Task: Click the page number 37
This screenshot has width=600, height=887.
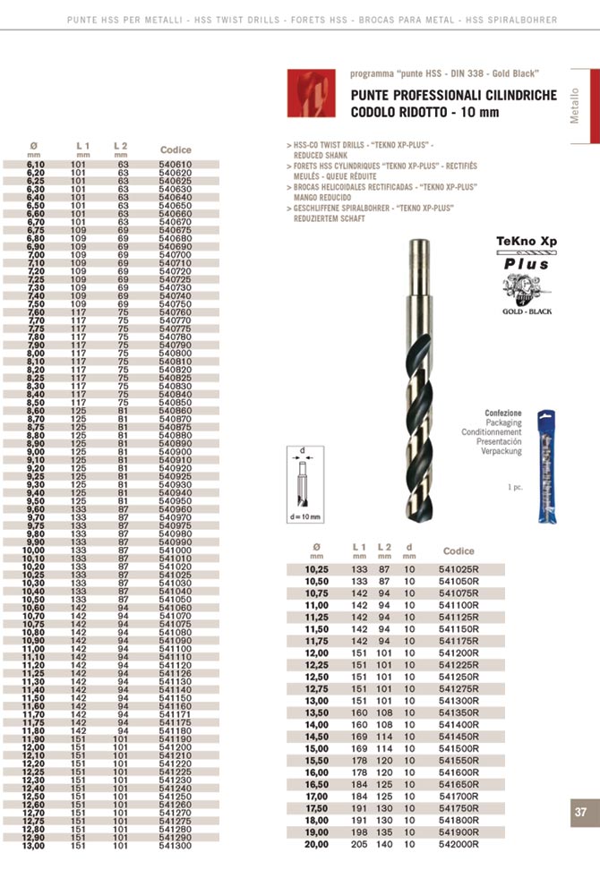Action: pos(580,813)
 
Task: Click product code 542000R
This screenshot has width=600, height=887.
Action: pos(459,844)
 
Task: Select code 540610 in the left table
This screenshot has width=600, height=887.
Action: pos(175,165)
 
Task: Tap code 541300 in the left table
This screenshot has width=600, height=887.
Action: pos(175,845)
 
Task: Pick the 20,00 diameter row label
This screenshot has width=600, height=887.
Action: pos(317,844)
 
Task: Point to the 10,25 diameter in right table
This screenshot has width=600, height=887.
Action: pos(317,568)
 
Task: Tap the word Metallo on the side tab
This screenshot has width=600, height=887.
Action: pos(575,107)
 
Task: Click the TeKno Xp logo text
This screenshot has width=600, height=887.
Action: pos(527,242)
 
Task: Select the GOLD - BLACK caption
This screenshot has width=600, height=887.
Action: pos(527,311)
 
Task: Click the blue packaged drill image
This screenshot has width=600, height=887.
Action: pos(544,466)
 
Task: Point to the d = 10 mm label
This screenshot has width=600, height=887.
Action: pos(304,517)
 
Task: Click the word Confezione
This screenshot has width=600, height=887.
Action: pos(502,414)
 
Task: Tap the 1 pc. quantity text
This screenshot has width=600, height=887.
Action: pos(515,487)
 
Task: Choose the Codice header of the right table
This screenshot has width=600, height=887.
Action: pos(459,550)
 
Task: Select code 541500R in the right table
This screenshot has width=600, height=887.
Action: pos(459,747)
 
